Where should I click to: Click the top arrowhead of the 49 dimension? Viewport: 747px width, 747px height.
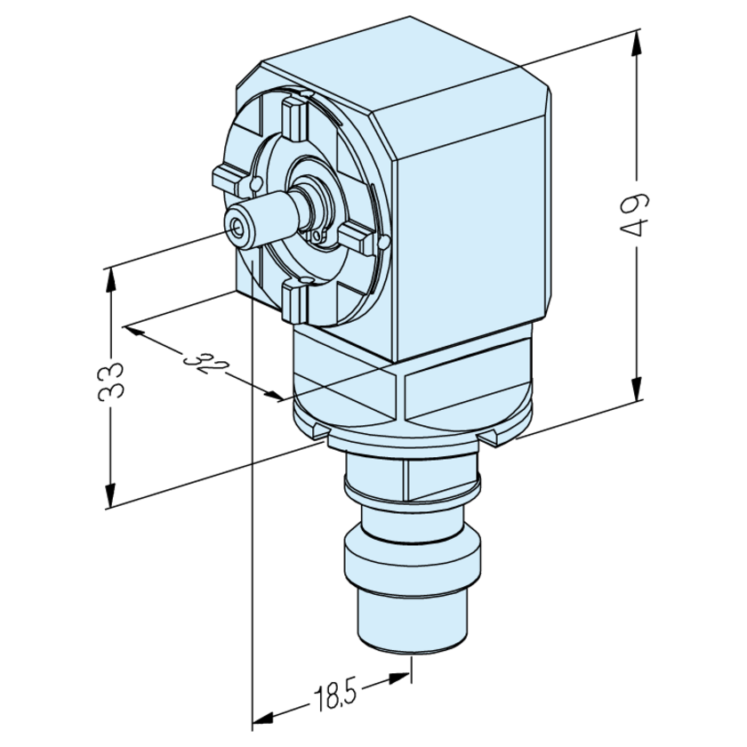(x=637, y=40)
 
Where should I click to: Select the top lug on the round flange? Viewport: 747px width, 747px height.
(x=292, y=118)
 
